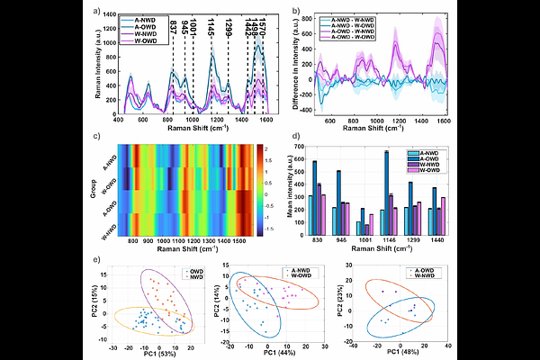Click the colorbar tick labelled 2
click(258, 147)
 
